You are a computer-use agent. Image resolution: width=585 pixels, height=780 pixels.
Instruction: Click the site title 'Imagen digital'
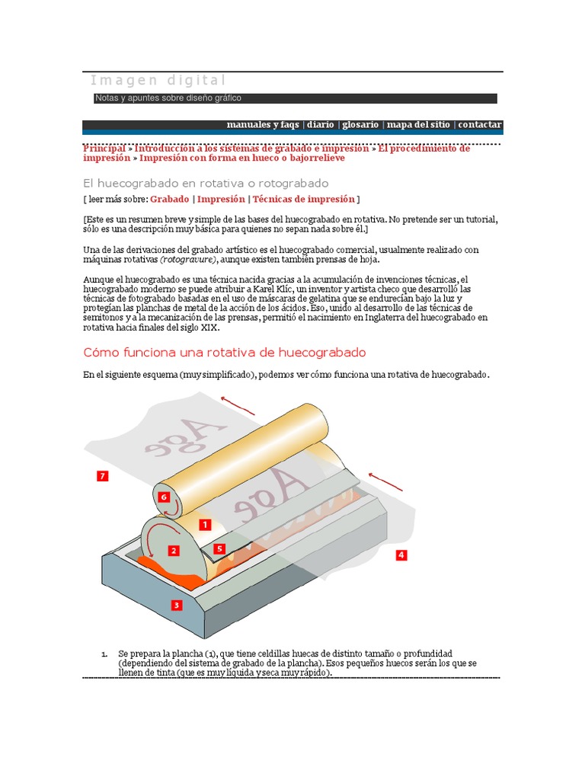158,81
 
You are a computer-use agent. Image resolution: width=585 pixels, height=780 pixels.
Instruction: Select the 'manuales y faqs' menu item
263,125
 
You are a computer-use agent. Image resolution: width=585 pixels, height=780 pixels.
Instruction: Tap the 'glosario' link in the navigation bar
360,125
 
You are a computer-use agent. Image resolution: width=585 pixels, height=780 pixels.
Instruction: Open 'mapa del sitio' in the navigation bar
417,125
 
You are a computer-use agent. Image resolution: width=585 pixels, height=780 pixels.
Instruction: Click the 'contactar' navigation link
479,125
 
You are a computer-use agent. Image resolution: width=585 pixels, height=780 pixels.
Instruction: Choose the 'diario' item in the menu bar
321,125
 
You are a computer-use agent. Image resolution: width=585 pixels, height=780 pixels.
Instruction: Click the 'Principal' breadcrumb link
104,149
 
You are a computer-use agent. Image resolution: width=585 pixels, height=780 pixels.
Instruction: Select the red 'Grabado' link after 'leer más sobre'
169,199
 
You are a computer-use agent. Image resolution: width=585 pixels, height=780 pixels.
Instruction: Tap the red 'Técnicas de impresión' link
303,199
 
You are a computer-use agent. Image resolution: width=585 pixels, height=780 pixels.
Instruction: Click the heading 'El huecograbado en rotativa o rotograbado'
205,183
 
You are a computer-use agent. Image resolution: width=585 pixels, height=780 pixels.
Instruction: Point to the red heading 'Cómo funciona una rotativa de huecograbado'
224,353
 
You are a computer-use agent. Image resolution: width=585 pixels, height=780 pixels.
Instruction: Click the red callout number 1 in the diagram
204,525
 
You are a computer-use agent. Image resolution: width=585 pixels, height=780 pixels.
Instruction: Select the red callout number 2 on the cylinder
174,551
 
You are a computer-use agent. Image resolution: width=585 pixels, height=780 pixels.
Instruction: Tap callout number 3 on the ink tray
177,606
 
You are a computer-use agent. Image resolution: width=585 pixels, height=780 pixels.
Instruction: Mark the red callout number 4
401,555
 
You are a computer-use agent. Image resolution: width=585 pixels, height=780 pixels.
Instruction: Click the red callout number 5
219,548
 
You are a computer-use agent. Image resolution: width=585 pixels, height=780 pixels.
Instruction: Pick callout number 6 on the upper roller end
163,497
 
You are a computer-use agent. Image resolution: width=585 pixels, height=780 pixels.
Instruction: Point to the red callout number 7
102,476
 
